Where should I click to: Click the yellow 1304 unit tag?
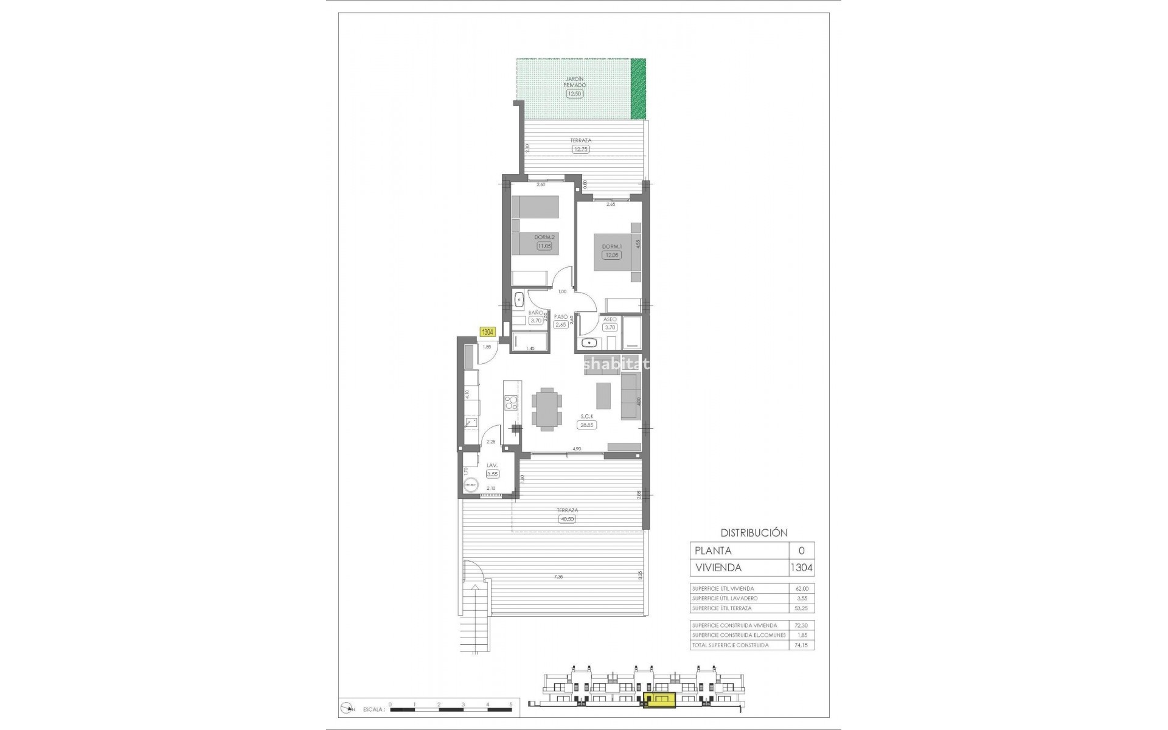pos(487,332)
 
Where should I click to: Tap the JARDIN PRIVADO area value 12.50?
pos(575,94)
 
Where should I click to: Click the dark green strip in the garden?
pos(638,89)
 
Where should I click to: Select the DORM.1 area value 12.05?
pos(611,255)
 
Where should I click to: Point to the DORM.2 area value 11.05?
pos(544,246)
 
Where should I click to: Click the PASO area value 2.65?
pos(561,325)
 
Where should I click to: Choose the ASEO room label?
pos(610,319)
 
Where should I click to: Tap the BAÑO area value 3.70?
pos(535,321)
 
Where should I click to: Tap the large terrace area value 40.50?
pos(566,519)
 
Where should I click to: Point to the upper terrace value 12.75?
pos(581,148)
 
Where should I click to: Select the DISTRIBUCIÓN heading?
pos(754,533)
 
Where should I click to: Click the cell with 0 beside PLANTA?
pos(801,551)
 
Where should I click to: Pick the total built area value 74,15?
pos(801,645)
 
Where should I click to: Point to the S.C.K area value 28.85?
pos(586,425)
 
